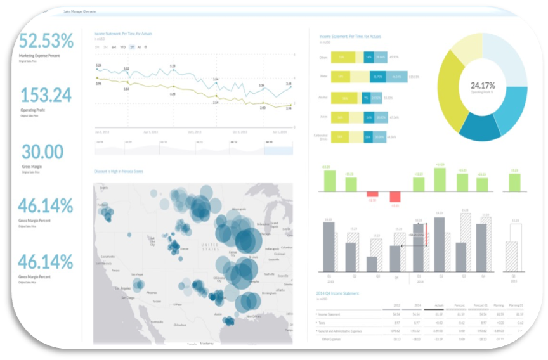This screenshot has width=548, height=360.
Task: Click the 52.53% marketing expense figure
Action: click(x=46, y=41)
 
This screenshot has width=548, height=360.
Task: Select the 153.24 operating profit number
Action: click(x=46, y=95)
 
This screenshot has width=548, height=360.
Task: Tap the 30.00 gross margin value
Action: click(x=42, y=151)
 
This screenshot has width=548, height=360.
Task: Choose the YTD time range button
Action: click(x=122, y=47)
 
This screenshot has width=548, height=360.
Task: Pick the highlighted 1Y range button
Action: click(x=131, y=47)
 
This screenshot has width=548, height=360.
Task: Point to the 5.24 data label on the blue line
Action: click(x=98, y=65)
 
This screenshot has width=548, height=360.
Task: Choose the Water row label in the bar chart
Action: click(x=323, y=77)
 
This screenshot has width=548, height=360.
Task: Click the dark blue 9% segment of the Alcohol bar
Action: click(x=365, y=98)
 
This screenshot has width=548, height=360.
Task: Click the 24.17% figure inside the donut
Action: click(x=483, y=84)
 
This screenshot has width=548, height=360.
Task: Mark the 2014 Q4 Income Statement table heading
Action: click(x=337, y=293)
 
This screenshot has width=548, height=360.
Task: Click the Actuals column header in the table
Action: click(x=438, y=305)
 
